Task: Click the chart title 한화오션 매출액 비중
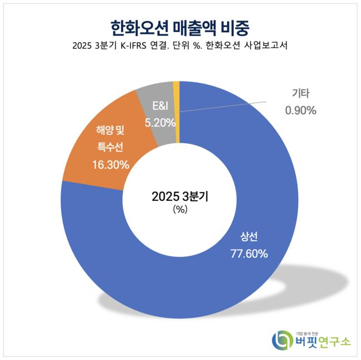[x=180, y=26]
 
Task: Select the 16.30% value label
[x=111, y=165]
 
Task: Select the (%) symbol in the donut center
[x=180, y=209]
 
